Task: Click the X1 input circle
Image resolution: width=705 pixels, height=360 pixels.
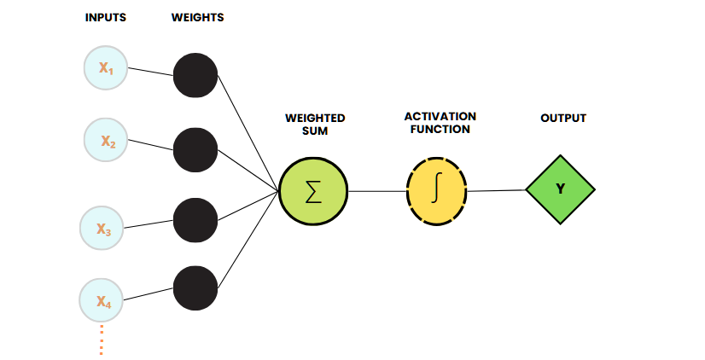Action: (x=106, y=67)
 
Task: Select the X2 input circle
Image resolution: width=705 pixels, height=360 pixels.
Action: (x=107, y=139)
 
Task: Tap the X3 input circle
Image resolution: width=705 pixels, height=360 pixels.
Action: (x=102, y=229)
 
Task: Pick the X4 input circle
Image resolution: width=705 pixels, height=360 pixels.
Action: (x=102, y=300)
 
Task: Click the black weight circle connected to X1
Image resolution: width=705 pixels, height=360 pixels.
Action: (x=195, y=75)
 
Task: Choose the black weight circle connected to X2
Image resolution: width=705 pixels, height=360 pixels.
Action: (x=195, y=149)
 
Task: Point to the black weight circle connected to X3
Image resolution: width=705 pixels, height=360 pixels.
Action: (x=195, y=219)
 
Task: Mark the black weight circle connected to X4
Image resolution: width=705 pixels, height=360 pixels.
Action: (x=195, y=287)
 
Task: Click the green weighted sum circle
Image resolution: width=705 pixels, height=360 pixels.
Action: (x=313, y=190)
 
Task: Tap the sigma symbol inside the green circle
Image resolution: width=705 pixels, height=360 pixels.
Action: (x=313, y=191)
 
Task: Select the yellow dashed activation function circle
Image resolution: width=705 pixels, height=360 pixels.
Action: (x=436, y=190)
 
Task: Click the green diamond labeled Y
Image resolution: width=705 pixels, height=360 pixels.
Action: (x=560, y=189)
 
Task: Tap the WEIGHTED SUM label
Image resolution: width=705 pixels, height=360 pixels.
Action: (x=315, y=125)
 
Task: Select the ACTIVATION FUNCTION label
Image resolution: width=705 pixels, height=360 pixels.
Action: (x=440, y=122)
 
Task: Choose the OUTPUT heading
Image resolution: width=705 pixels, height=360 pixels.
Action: (x=563, y=118)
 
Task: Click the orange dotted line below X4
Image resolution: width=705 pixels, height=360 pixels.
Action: (x=101, y=339)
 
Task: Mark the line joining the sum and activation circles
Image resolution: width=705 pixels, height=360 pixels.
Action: (x=376, y=191)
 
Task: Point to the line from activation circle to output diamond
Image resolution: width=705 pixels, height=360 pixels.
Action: (x=496, y=190)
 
